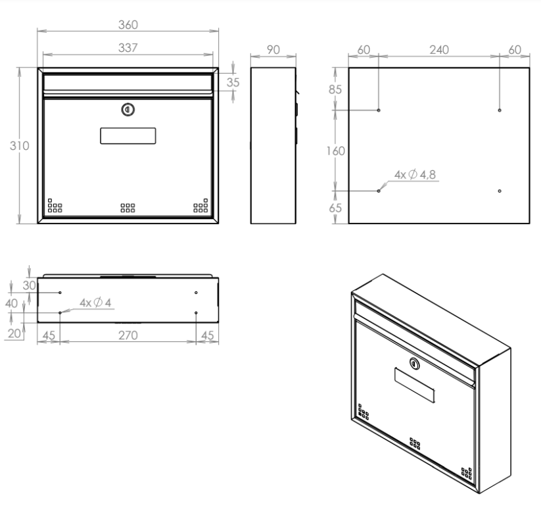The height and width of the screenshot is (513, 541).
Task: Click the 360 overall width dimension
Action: click(x=128, y=25)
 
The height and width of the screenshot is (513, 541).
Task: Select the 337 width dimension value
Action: click(x=128, y=47)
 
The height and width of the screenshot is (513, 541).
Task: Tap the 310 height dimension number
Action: click(x=19, y=146)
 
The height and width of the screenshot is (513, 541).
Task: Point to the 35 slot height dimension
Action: click(x=233, y=82)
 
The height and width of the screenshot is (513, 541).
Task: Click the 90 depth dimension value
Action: click(x=273, y=50)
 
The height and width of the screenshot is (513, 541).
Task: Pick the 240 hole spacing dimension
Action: click(x=439, y=50)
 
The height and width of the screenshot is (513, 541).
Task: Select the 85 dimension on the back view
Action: click(x=335, y=89)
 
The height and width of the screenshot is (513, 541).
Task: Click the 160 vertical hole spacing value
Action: click(x=336, y=151)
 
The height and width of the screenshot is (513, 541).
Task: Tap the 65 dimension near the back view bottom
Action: click(x=335, y=208)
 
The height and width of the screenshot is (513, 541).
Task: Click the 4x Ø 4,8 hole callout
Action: click(x=415, y=174)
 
